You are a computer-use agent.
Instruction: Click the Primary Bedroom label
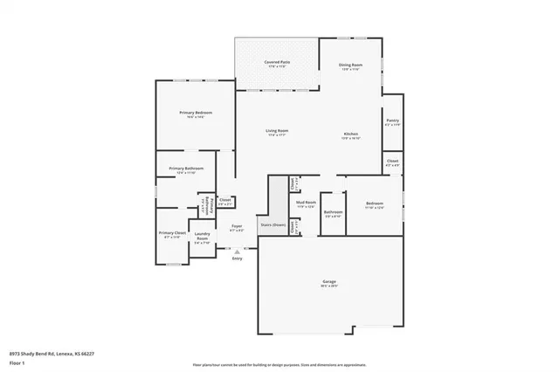point(196,113)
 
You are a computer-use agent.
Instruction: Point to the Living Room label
point(277,131)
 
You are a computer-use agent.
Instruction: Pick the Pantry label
point(392,121)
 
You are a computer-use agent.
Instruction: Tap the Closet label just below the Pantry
point(392,161)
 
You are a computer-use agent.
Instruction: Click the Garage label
point(329,281)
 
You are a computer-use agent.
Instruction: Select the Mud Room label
point(306,203)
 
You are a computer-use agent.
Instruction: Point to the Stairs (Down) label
point(273,225)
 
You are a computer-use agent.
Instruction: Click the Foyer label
point(236,226)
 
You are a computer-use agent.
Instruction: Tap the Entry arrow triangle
point(237,251)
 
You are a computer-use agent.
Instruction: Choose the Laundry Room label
point(202,235)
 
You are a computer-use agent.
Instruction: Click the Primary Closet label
point(171,233)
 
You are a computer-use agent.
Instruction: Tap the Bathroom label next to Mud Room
point(333,211)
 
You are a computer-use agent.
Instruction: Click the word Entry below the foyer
point(237,258)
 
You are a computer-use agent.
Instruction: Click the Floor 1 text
point(17,361)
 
